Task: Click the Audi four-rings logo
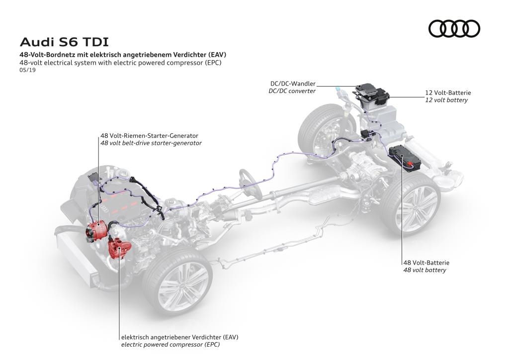click(454, 28)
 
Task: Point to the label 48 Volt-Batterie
click(426, 263)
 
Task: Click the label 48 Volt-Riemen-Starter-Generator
click(149, 135)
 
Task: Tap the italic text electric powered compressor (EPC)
click(170, 344)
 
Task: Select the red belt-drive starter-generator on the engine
click(96, 230)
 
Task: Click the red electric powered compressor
click(120, 247)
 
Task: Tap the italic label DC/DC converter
click(292, 91)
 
